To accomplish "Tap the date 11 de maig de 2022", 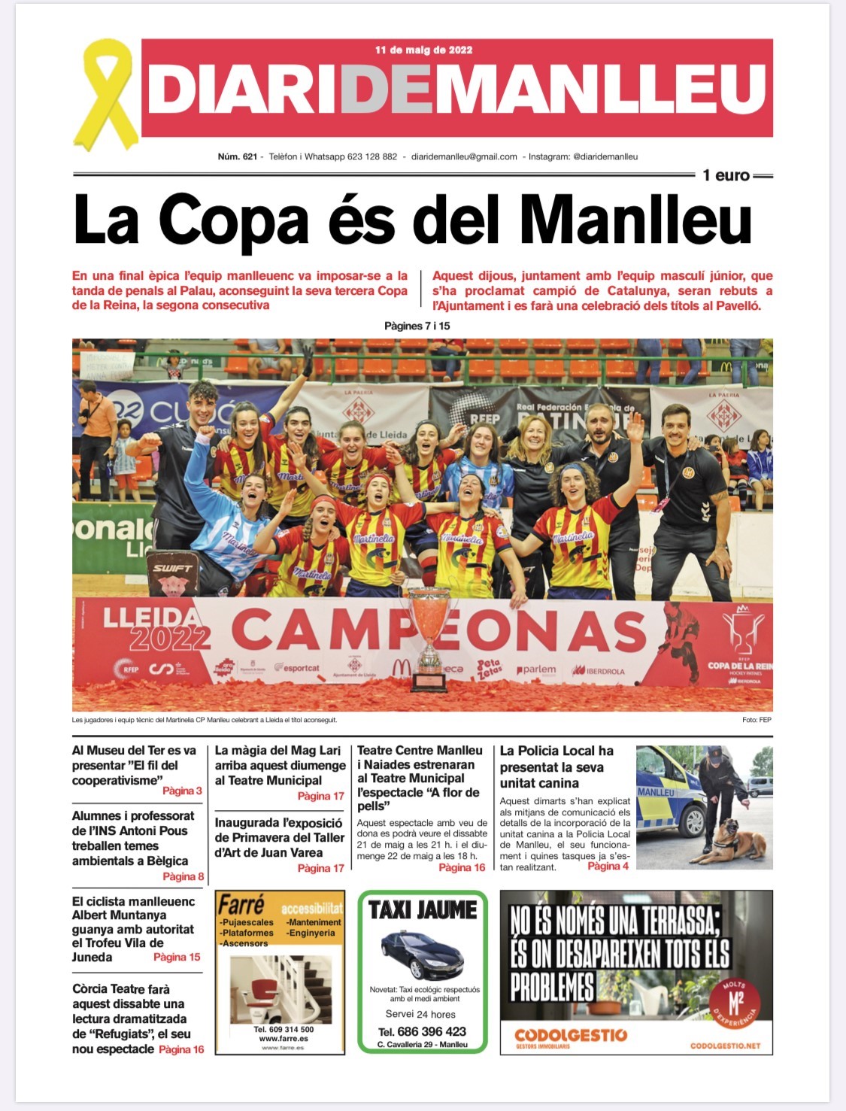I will (x=423, y=50).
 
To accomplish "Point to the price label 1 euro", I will (x=726, y=175).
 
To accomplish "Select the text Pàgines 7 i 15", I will (x=417, y=326).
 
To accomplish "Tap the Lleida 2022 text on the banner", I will (x=156, y=628).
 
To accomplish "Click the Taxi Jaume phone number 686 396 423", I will (x=432, y=1031).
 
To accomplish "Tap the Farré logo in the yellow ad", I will (x=241, y=905).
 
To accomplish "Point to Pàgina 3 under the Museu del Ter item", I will (x=182, y=791).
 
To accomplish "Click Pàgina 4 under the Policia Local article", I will (x=608, y=867).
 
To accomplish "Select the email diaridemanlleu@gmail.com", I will (x=464, y=156).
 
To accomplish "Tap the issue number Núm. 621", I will (x=237, y=156).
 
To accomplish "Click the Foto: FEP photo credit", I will (x=756, y=720).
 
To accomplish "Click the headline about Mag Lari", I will (x=279, y=765).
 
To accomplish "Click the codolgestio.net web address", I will (x=725, y=1046).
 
